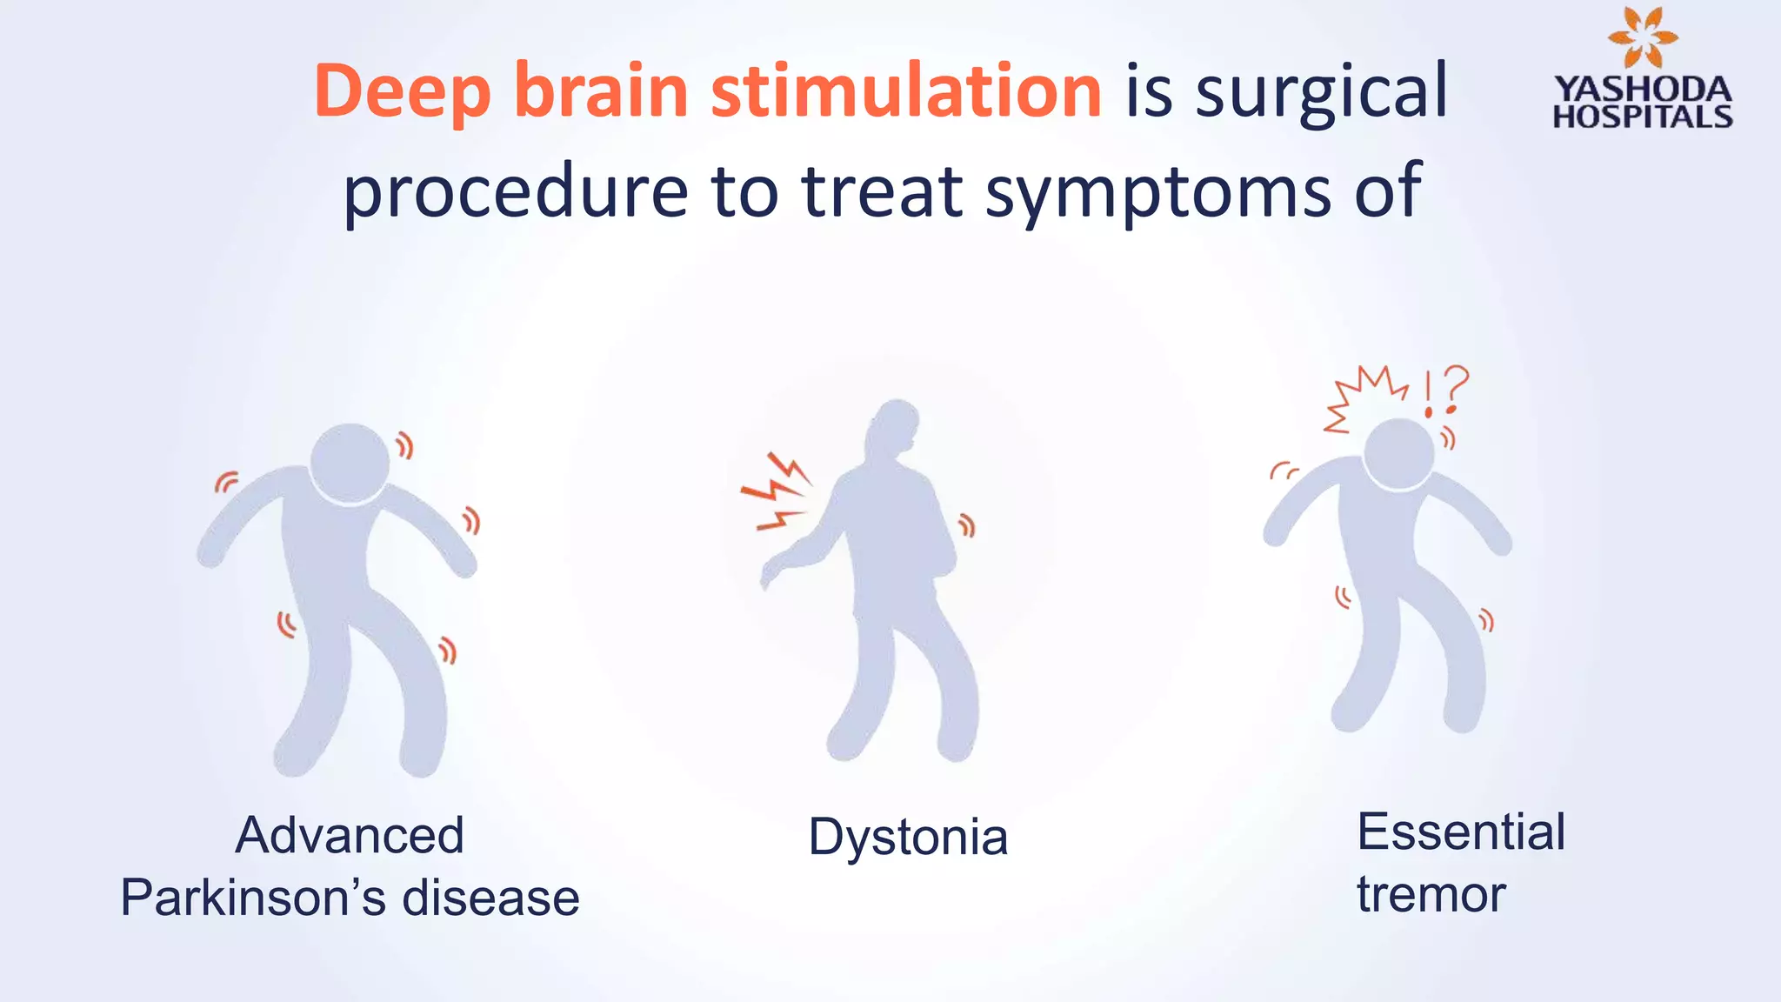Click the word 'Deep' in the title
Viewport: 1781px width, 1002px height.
click(403, 92)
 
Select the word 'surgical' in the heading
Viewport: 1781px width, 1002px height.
click(1321, 92)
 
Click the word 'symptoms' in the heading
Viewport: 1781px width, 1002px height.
click(1157, 193)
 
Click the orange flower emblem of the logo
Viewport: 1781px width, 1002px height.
click(1643, 37)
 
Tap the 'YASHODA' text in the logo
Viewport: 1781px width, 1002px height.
click(1643, 89)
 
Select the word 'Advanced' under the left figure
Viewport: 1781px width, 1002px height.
click(350, 835)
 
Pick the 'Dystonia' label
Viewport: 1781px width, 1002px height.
click(908, 837)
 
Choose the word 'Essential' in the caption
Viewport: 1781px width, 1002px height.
click(1461, 832)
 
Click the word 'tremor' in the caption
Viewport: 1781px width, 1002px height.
click(1431, 894)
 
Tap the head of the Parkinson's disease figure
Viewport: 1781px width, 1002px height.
click(350, 463)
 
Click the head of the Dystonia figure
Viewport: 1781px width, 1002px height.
click(895, 426)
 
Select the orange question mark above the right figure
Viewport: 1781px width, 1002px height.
click(1454, 390)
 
